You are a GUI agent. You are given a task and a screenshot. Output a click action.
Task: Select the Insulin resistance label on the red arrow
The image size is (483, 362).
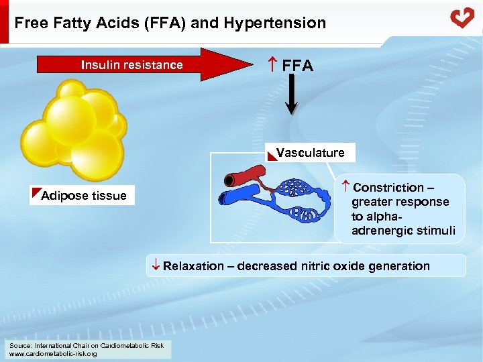[x=131, y=65]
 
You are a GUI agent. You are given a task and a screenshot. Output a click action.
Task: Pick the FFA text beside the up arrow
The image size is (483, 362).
[x=298, y=66]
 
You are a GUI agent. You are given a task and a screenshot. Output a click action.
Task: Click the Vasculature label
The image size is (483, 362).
[x=310, y=153]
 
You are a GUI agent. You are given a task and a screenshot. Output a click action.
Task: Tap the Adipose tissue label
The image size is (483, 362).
[x=83, y=196]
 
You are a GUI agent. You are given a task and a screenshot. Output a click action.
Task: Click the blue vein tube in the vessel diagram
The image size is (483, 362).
[x=238, y=197]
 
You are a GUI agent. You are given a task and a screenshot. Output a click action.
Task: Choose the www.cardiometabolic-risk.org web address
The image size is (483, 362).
[x=53, y=353]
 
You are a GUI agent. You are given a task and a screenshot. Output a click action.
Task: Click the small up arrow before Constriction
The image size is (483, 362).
[x=345, y=186]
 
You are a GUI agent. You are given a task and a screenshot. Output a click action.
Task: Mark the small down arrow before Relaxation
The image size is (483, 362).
[x=155, y=265]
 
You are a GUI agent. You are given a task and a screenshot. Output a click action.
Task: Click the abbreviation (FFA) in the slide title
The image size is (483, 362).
[x=168, y=23]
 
